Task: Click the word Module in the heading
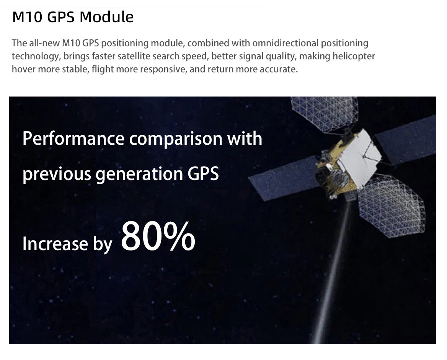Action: click(107, 17)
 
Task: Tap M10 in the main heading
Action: click(28, 17)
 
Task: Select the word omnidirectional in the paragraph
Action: click(285, 43)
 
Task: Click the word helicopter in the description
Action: click(354, 56)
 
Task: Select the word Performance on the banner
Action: click(73, 139)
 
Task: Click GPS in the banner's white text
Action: click(203, 173)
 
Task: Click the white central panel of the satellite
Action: click(360, 157)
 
